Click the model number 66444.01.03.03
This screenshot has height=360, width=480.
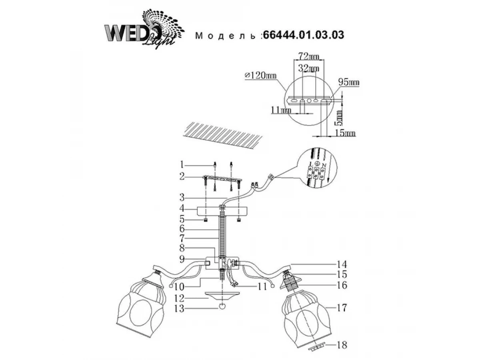302,35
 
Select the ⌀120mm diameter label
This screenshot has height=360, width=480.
260,75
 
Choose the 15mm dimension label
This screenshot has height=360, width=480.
345,133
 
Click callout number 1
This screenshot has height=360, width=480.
182,164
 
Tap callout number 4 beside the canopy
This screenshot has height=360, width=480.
182,209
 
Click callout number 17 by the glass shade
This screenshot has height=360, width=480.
341,308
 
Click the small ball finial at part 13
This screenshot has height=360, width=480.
222,306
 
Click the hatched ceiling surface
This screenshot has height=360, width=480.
224,136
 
